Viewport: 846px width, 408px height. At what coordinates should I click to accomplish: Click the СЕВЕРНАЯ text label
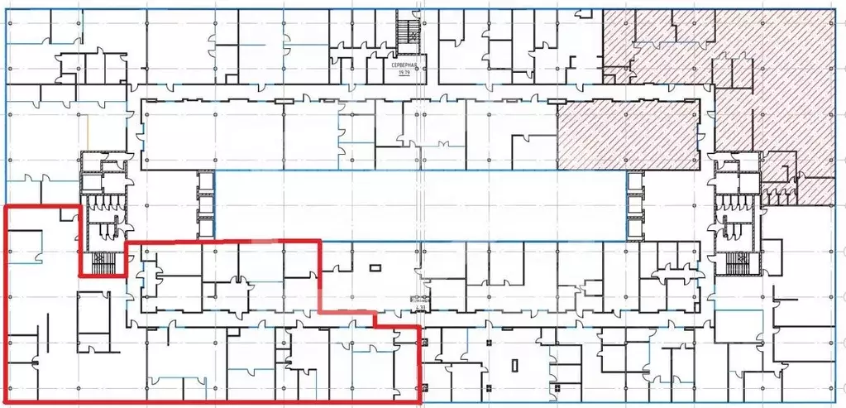click(404, 65)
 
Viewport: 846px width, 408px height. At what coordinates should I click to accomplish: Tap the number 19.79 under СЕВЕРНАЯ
click(404, 73)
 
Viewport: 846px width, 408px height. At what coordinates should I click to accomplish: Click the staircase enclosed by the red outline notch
click(101, 263)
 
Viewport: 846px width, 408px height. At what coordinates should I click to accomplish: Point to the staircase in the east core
click(736, 263)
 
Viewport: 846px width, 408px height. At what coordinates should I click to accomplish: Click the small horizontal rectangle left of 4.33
click(375, 267)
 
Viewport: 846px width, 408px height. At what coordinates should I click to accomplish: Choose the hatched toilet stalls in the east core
click(777, 196)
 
